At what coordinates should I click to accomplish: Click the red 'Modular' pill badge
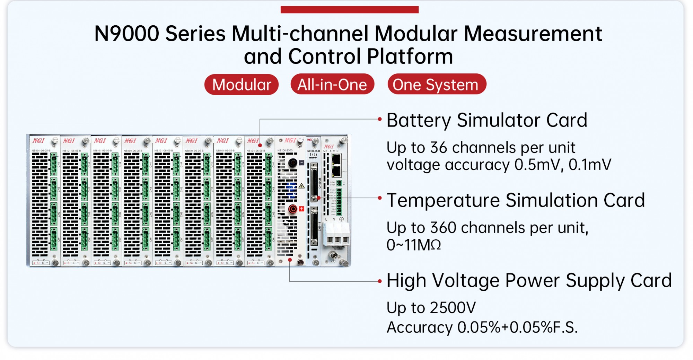pos(242,85)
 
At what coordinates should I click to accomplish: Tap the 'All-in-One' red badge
pos(332,85)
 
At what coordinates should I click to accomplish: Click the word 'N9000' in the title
pos(126,34)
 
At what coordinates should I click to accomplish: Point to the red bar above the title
pos(349,10)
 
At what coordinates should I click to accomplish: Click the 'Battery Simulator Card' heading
pos(486,120)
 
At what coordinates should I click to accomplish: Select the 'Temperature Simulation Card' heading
pos(515,200)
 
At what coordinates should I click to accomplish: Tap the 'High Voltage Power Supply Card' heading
pos(529,280)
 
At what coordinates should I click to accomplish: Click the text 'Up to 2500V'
pos(431,308)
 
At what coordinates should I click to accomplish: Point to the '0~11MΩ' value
pos(413,245)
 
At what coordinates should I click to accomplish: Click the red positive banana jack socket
pos(293,209)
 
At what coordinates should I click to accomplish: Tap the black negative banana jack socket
pos(292,163)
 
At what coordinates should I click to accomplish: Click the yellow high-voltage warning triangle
pos(301,186)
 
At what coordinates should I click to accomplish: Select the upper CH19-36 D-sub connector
pos(314,182)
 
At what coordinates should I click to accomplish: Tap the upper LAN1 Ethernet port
pos(336,159)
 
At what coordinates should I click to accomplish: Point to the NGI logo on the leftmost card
pos(38,141)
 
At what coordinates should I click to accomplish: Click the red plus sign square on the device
pos(301,209)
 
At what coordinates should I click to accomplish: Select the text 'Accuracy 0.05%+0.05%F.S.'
pos(482,327)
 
